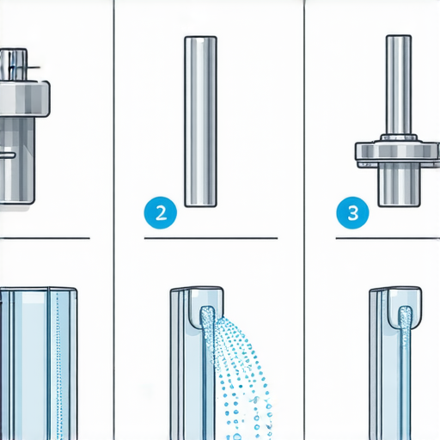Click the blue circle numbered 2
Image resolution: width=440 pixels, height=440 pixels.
161,212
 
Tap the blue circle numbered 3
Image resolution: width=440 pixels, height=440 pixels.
352,212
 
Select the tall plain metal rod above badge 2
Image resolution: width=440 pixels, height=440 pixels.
200,121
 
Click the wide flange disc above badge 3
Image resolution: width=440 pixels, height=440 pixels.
398,152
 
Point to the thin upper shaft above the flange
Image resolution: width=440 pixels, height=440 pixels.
399,85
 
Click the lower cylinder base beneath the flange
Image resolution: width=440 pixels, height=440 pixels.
400,185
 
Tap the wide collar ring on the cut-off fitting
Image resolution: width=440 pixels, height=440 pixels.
24,99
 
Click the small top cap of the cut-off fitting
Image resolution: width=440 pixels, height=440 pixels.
14,64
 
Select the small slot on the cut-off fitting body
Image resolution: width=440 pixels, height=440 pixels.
8,155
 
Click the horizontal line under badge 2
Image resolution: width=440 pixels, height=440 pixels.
211,238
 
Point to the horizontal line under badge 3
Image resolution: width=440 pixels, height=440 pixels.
388,238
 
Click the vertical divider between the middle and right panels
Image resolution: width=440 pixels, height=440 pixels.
304,220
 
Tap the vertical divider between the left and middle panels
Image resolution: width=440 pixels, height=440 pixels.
114,220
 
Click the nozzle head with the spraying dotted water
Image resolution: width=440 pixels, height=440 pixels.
205,307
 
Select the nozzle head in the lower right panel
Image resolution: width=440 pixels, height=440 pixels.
405,307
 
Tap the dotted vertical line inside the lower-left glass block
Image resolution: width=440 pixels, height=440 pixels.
58,364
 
